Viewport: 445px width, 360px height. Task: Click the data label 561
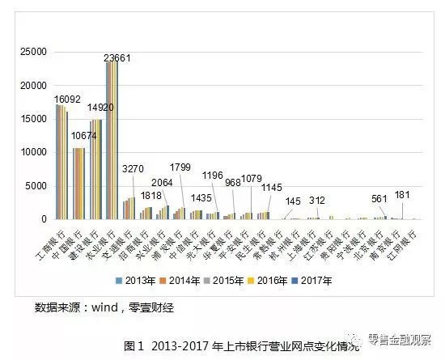click(378, 199)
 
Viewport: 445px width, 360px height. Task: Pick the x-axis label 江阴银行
click(401, 239)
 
